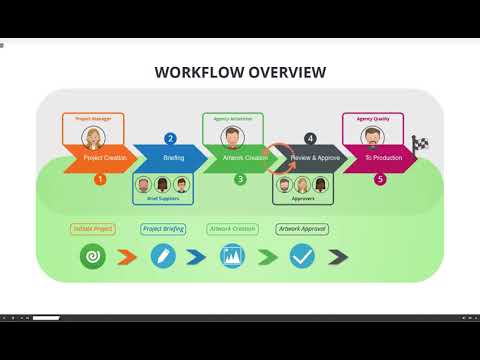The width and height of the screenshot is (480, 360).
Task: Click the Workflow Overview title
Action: click(239, 72)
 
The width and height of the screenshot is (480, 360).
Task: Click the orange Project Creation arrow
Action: click(99, 157)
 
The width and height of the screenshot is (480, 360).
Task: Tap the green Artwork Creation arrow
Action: click(239, 157)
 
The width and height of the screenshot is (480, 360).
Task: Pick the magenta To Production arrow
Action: click(379, 157)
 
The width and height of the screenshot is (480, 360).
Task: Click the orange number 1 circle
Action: click(99, 179)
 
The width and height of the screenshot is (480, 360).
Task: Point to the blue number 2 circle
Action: click(170, 138)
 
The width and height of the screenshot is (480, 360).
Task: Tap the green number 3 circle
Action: click(240, 179)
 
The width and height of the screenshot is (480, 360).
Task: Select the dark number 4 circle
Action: click(310, 138)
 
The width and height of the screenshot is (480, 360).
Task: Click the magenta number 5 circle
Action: click(379, 179)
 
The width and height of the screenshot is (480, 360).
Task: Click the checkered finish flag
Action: click(421, 145)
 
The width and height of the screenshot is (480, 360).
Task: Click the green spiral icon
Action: click(93, 257)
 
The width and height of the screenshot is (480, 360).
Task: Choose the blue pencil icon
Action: click(163, 257)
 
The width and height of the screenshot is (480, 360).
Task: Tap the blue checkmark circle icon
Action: click(302, 257)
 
